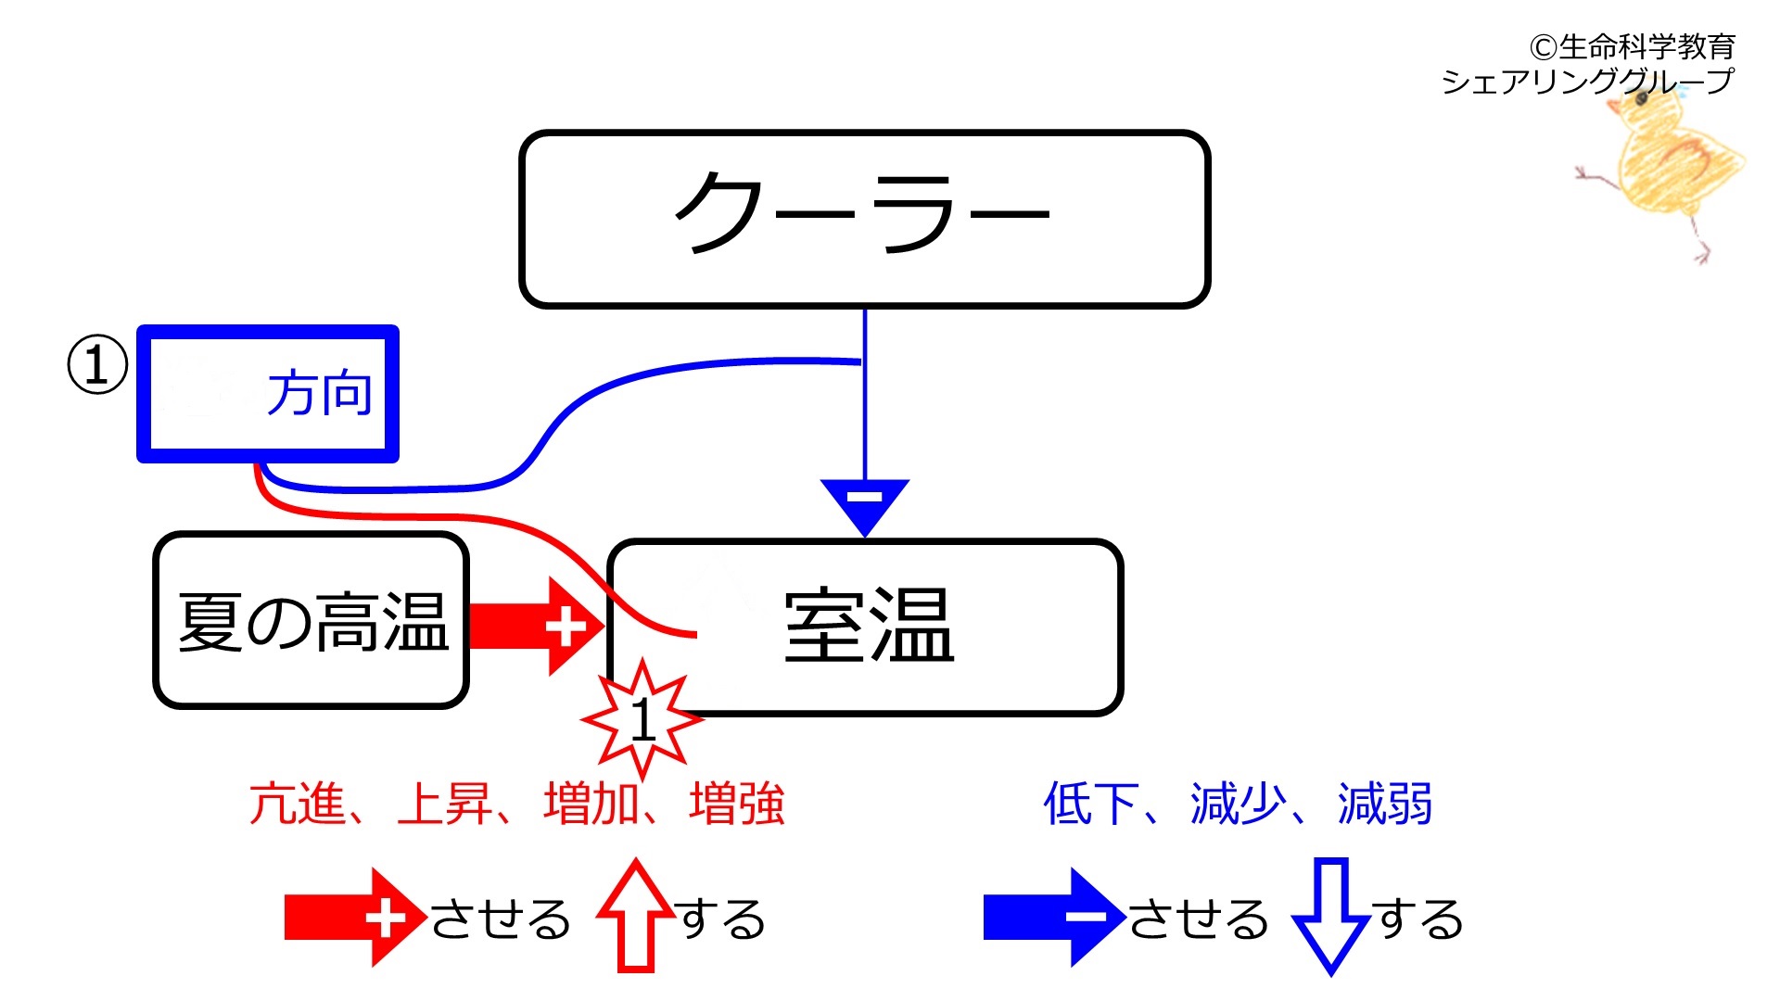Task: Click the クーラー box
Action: pyautogui.click(x=865, y=219)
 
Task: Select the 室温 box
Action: pyautogui.click(x=865, y=627)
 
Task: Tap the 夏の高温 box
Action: pyautogui.click(x=311, y=620)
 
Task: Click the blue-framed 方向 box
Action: pyautogui.click(x=268, y=394)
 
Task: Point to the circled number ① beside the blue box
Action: pyautogui.click(x=97, y=365)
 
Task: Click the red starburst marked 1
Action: pyautogui.click(x=642, y=718)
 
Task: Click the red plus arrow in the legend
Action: pyautogui.click(x=356, y=918)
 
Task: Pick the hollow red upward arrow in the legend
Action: pyautogui.click(x=636, y=916)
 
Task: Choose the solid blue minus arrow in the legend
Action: pyautogui.click(x=1055, y=918)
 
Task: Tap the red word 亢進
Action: pyautogui.click(x=298, y=804)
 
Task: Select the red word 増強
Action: pyautogui.click(x=738, y=804)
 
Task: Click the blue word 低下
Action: pyautogui.click(x=1092, y=804)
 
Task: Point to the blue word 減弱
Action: pyautogui.click(x=1386, y=804)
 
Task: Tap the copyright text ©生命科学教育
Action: pyautogui.click(x=1633, y=46)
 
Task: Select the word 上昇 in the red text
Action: pyautogui.click(x=444, y=804)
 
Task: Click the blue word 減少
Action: pyautogui.click(x=1239, y=804)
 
